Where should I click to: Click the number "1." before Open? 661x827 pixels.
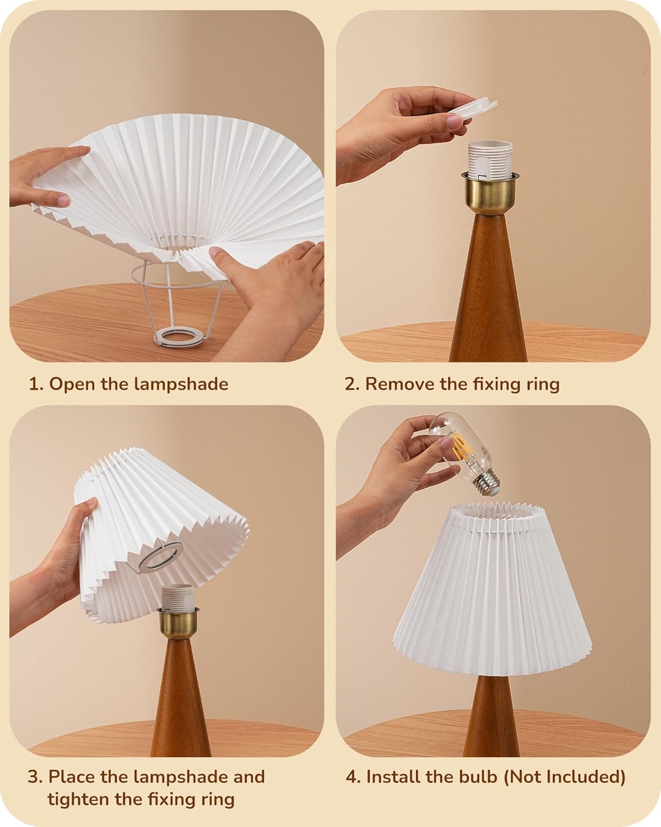[x=35, y=384]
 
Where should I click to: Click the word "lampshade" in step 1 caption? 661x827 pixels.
[x=181, y=384]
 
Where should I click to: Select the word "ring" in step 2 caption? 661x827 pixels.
[x=543, y=384]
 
